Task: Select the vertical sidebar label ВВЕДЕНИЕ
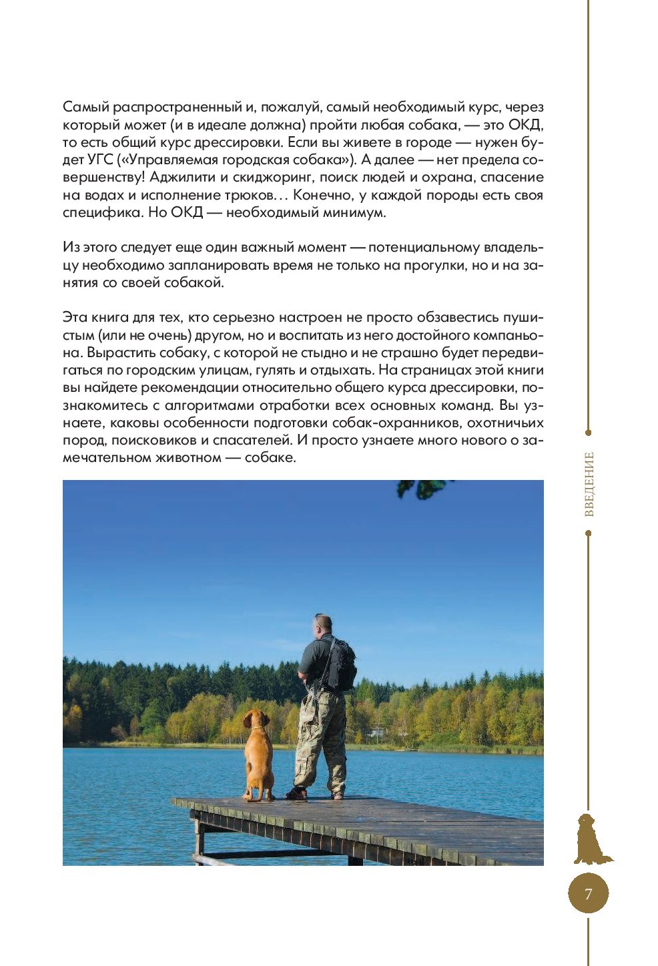(x=589, y=484)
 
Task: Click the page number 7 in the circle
(x=588, y=894)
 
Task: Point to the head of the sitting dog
(x=256, y=719)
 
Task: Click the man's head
(x=322, y=625)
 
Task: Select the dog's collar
(x=257, y=728)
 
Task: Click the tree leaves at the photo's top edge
(x=422, y=489)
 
